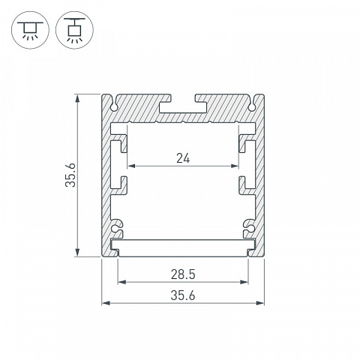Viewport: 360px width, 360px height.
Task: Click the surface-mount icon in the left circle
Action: click(x=30, y=30)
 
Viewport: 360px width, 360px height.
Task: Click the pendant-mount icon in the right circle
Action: click(x=74, y=30)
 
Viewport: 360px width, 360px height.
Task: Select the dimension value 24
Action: click(x=183, y=158)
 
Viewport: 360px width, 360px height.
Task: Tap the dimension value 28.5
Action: click(x=183, y=274)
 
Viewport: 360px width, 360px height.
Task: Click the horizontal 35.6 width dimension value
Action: click(x=183, y=295)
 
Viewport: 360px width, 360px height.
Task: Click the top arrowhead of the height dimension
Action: click(x=78, y=98)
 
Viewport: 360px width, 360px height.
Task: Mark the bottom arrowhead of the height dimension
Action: click(x=78, y=253)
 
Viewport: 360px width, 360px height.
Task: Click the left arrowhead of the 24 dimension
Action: click(x=131, y=166)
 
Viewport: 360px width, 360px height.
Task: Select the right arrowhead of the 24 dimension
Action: click(x=235, y=166)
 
